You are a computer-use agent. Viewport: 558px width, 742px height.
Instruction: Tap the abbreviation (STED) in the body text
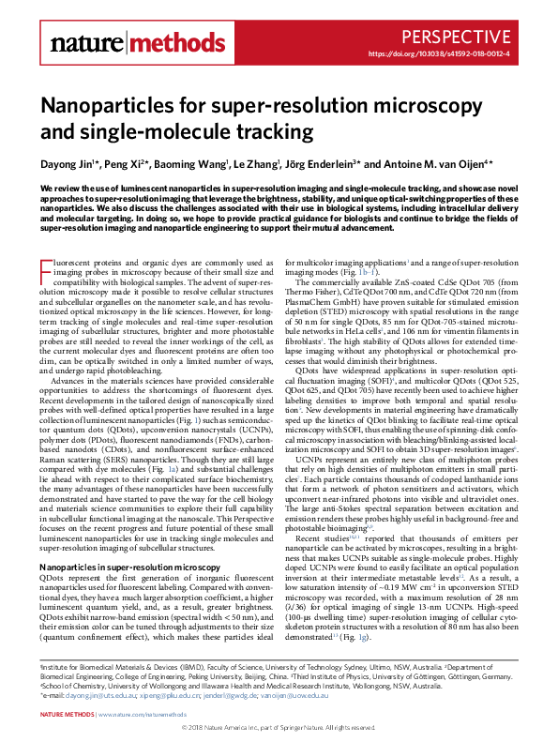pos(339,322)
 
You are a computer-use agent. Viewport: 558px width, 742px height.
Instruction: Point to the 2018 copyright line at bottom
pos(279,727)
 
